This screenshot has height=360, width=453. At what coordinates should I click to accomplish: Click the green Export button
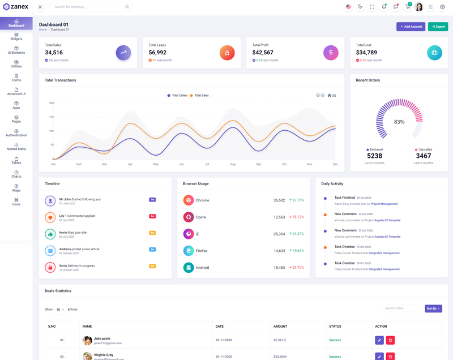tap(438, 27)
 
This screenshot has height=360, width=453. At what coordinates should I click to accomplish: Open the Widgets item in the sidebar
tap(16, 36)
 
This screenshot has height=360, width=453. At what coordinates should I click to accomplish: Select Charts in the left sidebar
tap(16, 174)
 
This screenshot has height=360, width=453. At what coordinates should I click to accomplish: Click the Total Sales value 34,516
tap(54, 53)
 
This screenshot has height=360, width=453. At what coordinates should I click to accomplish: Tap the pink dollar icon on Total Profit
tap(331, 53)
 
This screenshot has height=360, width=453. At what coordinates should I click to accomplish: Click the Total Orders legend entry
tap(177, 96)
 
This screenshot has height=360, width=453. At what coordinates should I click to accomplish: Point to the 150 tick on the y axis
tap(52, 117)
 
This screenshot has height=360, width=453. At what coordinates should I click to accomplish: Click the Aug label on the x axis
tap(233, 164)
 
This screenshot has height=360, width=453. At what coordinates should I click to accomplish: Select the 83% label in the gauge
tap(399, 122)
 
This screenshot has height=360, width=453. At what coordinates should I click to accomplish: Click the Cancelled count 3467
tap(423, 156)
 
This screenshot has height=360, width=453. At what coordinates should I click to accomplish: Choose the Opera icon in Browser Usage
tap(189, 217)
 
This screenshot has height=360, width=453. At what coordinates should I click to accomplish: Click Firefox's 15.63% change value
tap(297, 250)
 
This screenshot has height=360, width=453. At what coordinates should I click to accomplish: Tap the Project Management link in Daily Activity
tap(384, 204)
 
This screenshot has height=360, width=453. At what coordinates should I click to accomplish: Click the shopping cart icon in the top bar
tap(407, 7)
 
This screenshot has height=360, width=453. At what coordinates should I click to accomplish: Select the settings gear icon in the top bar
tap(442, 7)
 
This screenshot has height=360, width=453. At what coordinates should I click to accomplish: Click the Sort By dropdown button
tap(433, 308)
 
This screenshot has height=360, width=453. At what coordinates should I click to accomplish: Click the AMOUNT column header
tap(280, 327)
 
